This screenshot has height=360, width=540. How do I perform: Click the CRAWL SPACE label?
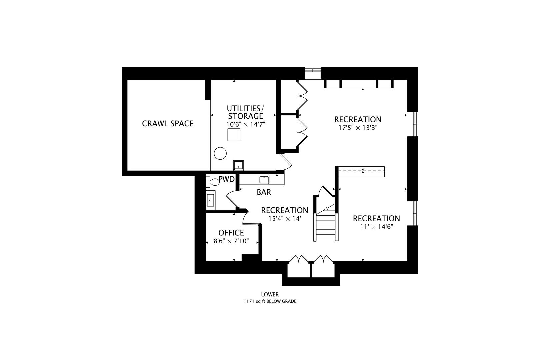coord(168,124)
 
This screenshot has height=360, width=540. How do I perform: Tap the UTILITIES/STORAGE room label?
coord(245,112)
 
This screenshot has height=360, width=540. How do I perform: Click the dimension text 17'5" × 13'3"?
coord(358,128)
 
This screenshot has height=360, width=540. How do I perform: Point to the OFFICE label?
coord(231,233)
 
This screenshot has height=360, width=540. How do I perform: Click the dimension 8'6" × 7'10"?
coord(231,241)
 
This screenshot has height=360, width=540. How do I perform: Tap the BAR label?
coord(264,192)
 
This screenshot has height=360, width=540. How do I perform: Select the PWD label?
coord(226,179)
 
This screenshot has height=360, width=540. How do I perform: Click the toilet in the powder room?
coord(212,182)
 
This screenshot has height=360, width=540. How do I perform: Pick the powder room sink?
coord(210,200)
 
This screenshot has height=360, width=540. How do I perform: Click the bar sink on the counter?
coord(264,179)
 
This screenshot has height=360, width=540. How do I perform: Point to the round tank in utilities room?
coord(220,154)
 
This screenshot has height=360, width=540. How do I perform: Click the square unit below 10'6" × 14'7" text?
coord(234,135)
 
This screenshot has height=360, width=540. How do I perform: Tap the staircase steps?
coord(326,227)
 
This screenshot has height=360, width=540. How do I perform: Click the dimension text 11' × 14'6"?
coord(376,227)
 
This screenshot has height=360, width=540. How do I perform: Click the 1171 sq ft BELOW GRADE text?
coord(270,301)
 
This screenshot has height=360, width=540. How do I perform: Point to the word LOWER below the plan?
coord(270,295)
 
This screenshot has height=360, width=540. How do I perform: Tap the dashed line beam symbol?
coord(362,171)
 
